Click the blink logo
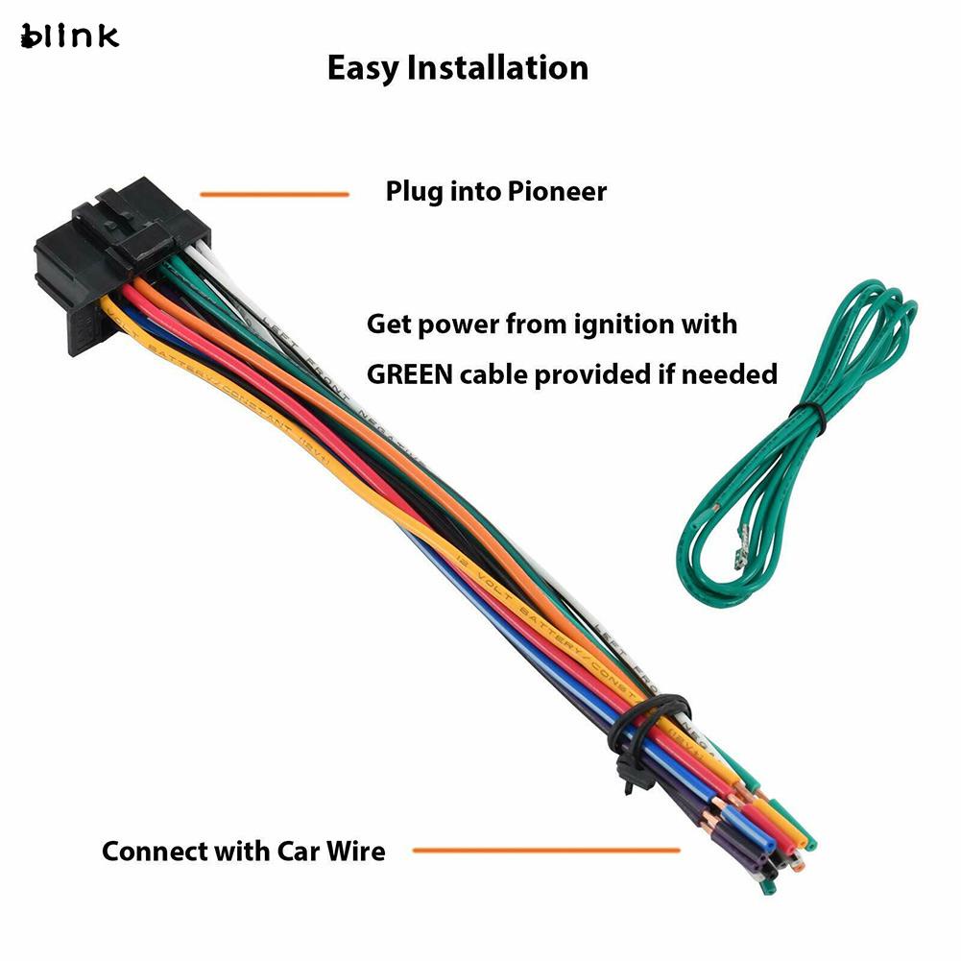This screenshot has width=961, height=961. coord(69,36)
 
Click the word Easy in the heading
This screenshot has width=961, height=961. coord(363,68)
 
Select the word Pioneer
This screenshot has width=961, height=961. coord(560,191)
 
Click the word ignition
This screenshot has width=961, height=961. coord(627,324)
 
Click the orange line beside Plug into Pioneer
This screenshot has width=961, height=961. coord(275,195)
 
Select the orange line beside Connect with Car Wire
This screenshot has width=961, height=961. coord(545,850)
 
